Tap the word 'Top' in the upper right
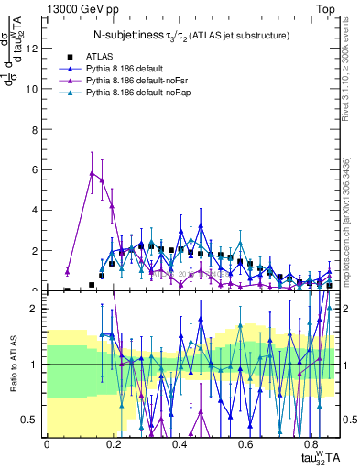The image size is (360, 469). (328, 7)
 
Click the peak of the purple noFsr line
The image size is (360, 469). (92, 172)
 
